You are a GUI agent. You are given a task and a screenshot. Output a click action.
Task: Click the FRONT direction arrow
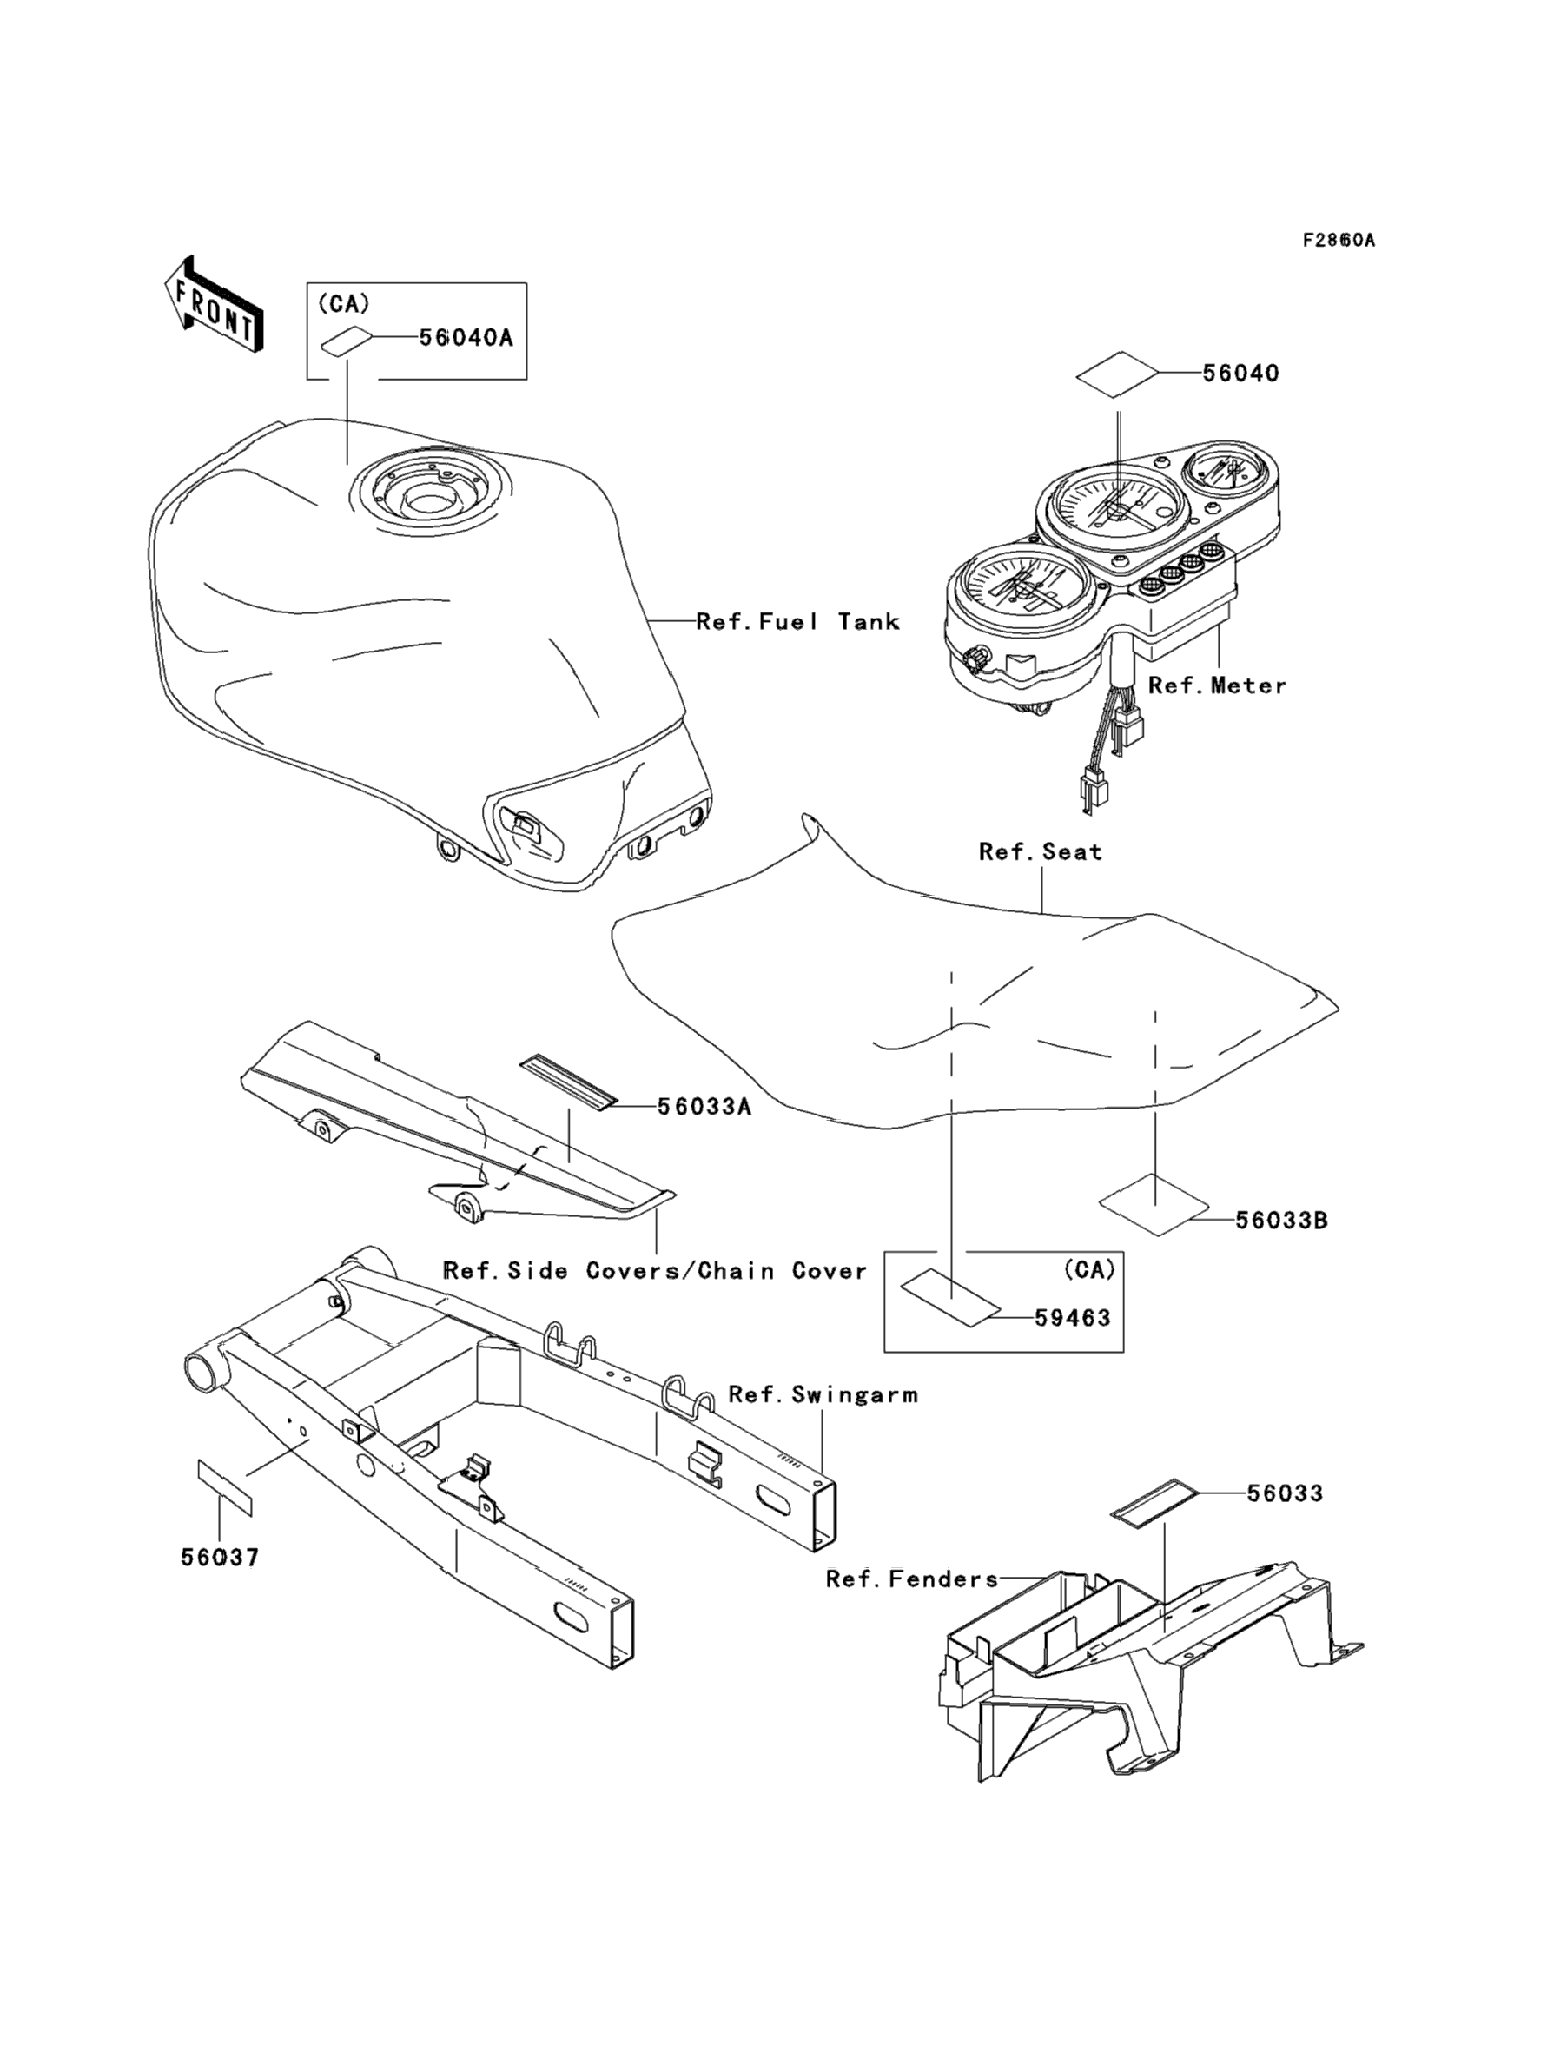(214, 306)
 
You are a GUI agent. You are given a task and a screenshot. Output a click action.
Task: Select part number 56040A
(466, 338)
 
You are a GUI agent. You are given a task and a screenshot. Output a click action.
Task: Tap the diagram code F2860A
(1339, 241)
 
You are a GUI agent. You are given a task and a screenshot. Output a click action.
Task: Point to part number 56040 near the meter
(1240, 373)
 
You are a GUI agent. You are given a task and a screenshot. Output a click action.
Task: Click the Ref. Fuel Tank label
(797, 622)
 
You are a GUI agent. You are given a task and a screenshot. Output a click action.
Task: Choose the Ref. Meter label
(1217, 685)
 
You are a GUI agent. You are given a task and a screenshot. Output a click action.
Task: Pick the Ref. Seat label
(1040, 851)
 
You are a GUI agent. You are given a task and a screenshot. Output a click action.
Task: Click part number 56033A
(704, 1107)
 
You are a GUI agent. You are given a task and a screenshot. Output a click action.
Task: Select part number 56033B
(1281, 1220)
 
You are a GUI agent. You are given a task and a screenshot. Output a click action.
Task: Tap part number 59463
(1073, 1318)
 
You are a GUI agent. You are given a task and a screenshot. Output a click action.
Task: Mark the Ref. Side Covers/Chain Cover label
(655, 1271)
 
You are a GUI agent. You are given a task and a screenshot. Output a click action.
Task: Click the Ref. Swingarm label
(823, 1395)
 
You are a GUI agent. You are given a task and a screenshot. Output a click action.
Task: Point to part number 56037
(220, 1558)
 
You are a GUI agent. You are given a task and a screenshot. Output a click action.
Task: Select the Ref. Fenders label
(911, 1579)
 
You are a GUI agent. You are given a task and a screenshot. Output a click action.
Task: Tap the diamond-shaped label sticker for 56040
(1116, 374)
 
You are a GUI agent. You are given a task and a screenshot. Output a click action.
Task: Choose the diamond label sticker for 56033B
(1154, 1208)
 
